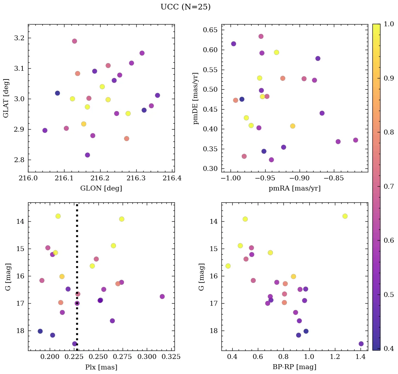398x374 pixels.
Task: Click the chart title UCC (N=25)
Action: (x=185, y=7)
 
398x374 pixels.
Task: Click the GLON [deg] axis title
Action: (x=101, y=188)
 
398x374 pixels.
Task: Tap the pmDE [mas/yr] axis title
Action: (x=196, y=98)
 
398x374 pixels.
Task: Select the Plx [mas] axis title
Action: (x=101, y=367)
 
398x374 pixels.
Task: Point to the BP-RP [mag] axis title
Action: (x=294, y=367)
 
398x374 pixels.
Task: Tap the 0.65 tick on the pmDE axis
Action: (x=211, y=30)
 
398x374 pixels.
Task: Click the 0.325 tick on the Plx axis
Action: (x=166, y=358)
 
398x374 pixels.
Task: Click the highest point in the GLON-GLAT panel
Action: (x=75, y=41)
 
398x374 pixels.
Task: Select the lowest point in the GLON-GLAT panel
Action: (x=88, y=155)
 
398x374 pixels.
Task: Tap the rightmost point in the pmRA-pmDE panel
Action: (x=356, y=140)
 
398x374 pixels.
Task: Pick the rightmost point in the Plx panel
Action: (x=162, y=296)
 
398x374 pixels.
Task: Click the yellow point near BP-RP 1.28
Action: (x=345, y=216)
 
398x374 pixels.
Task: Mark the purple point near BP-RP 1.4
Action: (x=361, y=344)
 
